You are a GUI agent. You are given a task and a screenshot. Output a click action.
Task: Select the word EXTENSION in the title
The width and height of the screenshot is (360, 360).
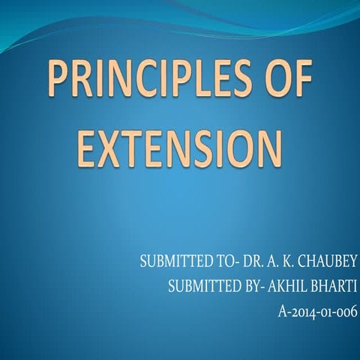pyautogui.click(x=181, y=148)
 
